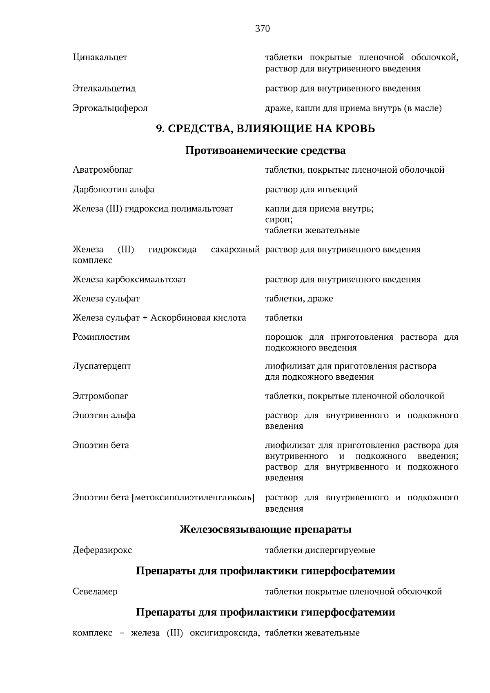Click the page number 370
[x=263, y=29]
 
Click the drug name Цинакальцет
[x=100, y=58]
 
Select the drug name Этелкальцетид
[x=104, y=89]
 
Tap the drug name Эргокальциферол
[x=110, y=109]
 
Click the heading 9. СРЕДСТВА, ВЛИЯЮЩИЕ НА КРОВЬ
[x=265, y=129]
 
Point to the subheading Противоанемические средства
[x=265, y=151]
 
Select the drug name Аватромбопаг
[x=102, y=170]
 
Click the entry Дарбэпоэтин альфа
[x=113, y=189]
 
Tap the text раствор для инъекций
[x=311, y=189]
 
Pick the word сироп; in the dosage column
[x=278, y=220]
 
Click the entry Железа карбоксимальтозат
[x=129, y=280]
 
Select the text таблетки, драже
[x=299, y=299]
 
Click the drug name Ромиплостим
[x=101, y=337]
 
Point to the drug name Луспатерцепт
[x=102, y=366]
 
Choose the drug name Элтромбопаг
[x=100, y=396]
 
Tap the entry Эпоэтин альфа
[x=104, y=415]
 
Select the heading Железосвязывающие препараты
[x=265, y=530]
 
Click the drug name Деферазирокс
[x=102, y=550]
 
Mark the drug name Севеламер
[x=95, y=592]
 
